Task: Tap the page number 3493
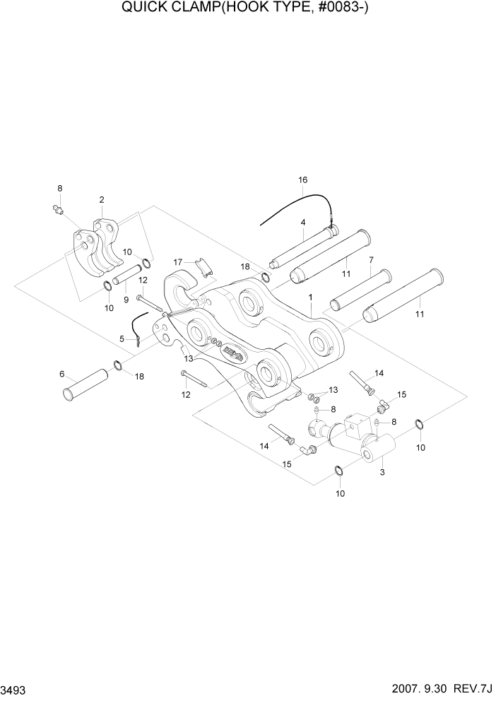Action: [x=16, y=690]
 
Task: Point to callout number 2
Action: [x=102, y=200]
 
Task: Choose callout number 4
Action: [x=302, y=223]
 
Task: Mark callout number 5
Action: [x=122, y=339]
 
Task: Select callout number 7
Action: [x=370, y=260]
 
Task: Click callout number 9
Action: [x=126, y=299]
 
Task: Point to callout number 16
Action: [x=302, y=180]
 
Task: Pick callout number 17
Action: [x=179, y=261]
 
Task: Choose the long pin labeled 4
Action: [x=302, y=247]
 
